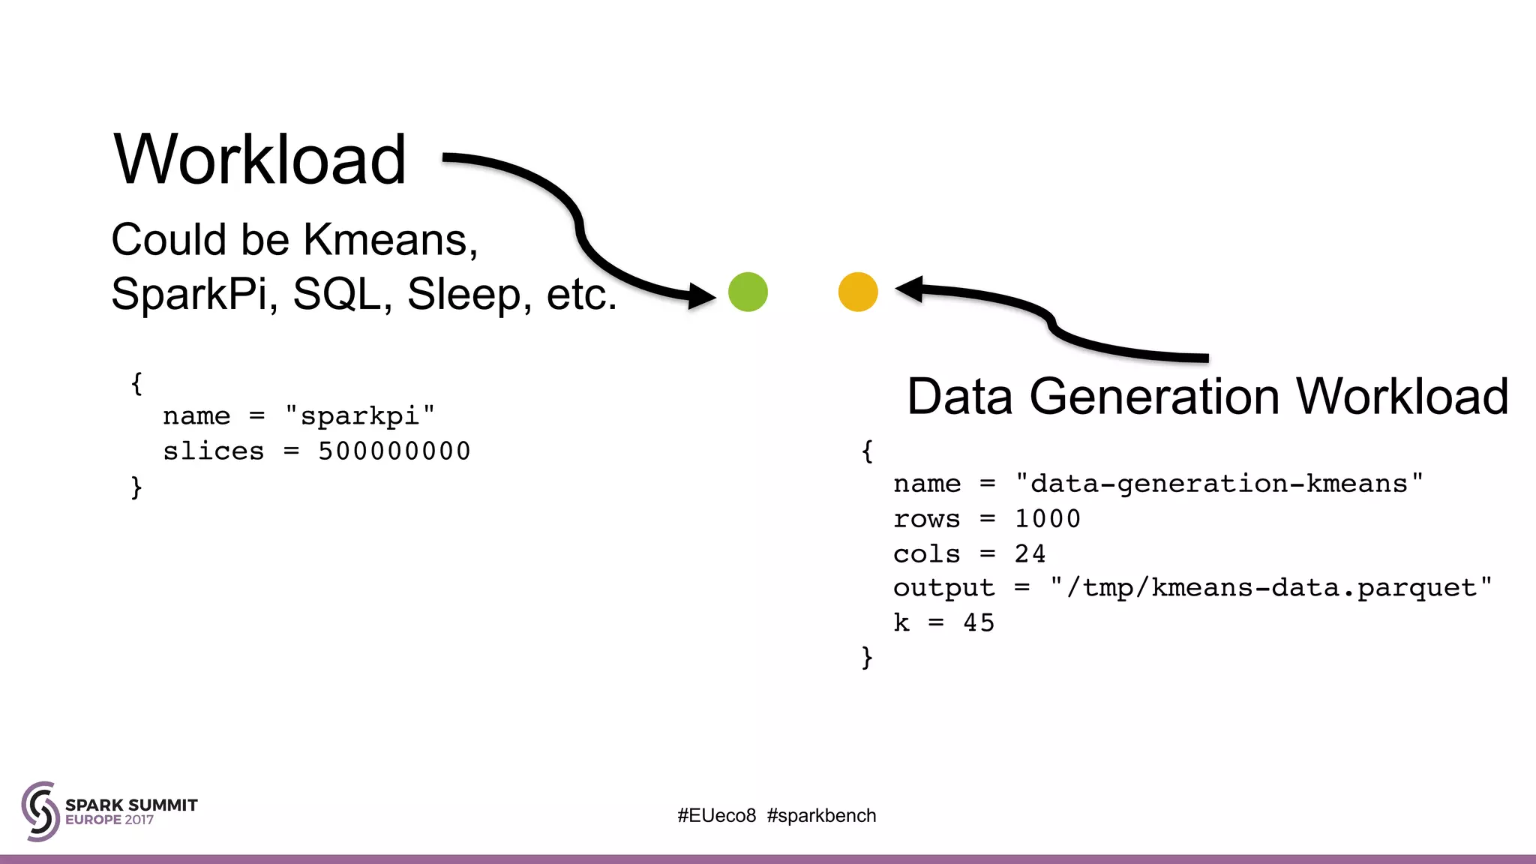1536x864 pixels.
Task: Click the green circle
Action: tap(748, 292)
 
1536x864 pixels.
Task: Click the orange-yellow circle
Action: tap(858, 292)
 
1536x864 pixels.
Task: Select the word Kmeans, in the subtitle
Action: tap(390, 240)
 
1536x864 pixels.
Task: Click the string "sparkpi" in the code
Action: tap(360, 415)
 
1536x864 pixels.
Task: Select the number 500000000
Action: tap(394, 451)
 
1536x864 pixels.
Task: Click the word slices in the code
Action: tap(214, 451)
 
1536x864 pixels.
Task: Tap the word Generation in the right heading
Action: tap(1153, 396)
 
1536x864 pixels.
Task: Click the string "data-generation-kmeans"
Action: tap(1219, 484)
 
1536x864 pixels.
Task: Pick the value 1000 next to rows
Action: tap(1047, 519)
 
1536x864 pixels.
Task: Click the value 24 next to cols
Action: tap(1030, 553)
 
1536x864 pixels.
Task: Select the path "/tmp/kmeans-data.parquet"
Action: tap(1270, 588)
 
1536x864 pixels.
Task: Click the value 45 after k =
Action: tap(979, 622)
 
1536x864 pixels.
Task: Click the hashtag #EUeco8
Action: tap(716, 815)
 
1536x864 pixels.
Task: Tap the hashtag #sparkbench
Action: tap(821, 815)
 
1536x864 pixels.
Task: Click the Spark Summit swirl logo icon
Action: tap(40, 811)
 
